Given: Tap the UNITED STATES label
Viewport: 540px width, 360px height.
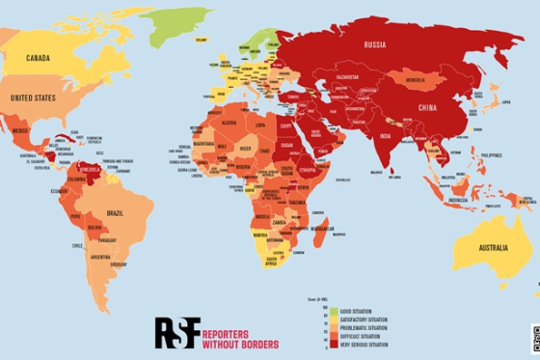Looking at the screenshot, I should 33,97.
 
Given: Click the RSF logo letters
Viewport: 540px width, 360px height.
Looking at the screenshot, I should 176,333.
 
